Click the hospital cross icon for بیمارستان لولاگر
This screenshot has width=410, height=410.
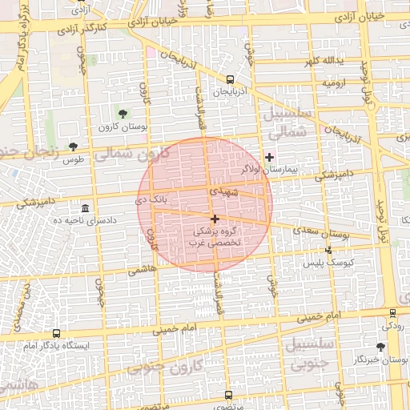(269, 157)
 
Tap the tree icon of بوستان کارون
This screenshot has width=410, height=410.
(123, 114)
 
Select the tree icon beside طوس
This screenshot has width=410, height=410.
(74, 147)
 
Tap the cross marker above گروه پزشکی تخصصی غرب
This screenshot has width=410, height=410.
(215, 219)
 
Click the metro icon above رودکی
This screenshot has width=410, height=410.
(392, 313)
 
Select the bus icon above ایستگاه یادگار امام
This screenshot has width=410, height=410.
(56, 332)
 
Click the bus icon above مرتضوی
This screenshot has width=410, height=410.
(228, 395)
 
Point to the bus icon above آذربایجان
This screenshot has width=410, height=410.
(231, 79)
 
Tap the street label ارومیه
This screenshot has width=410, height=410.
(333, 82)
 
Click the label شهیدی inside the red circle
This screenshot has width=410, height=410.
(223, 192)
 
